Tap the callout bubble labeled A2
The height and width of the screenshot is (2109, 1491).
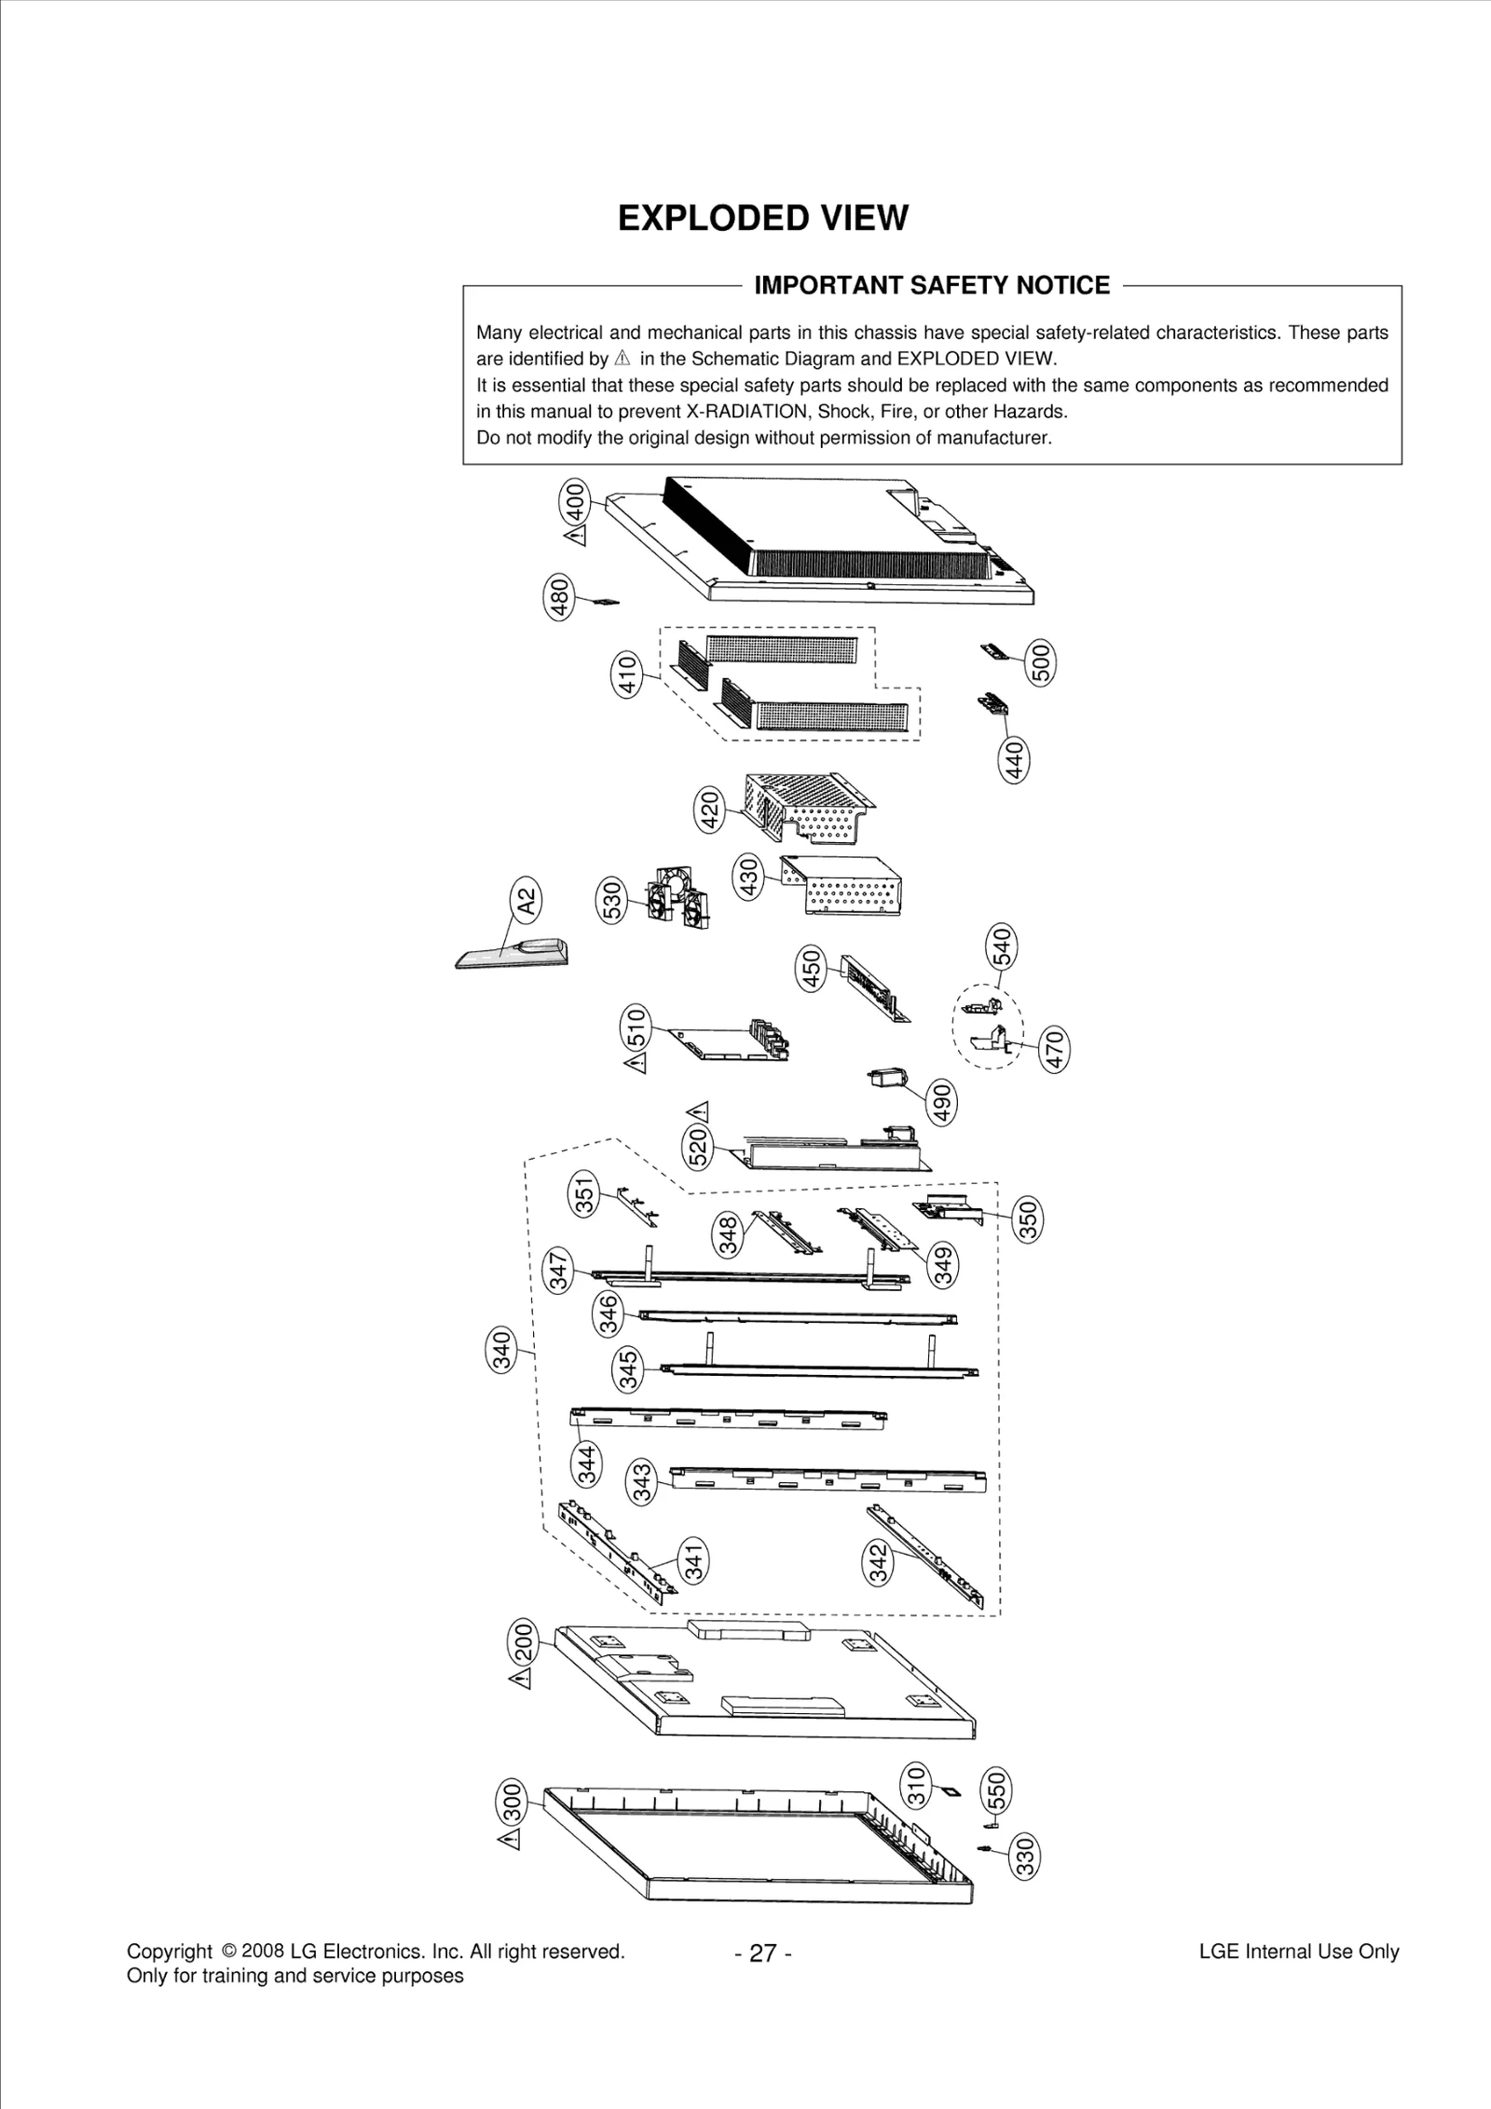click(527, 902)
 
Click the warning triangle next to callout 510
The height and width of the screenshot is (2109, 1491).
click(636, 1062)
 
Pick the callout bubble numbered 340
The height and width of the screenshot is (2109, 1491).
click(502, 1351)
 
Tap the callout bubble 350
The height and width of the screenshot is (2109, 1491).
click(1029, 1221)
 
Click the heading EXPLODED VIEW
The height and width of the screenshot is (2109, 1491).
click(762, 218)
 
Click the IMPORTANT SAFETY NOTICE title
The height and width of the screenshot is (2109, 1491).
click(931, 285)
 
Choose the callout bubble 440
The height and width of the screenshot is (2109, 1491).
click(1014, 759)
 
